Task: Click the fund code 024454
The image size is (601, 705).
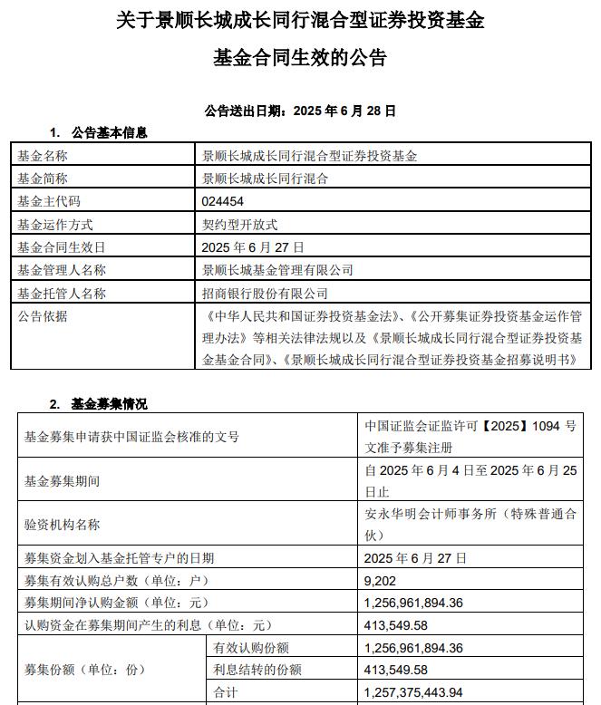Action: point(223,202)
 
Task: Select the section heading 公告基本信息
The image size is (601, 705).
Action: point(109,133)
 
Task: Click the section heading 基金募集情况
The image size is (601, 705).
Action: point(109,404)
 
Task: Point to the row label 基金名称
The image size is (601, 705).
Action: point(43,156)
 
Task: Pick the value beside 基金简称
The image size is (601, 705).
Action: point(265,179)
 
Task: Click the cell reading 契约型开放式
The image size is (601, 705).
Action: point(239,225)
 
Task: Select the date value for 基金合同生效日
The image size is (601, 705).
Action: point(253,247)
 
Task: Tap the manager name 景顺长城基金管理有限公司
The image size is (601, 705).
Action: point(277,270)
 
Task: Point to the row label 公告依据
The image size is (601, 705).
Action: point(43,316)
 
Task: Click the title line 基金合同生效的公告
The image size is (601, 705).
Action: point(300,58)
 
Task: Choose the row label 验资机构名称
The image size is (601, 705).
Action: point(62,525)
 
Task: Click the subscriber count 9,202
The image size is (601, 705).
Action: point(380,581)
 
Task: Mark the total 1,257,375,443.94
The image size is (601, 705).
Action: point(413,693)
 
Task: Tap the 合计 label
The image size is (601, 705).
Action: point(225,693)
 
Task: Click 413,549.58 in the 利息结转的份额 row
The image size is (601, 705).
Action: point(394,671)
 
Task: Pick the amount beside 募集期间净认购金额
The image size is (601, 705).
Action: point(413,604)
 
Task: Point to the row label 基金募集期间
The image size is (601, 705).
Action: point(62,480)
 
